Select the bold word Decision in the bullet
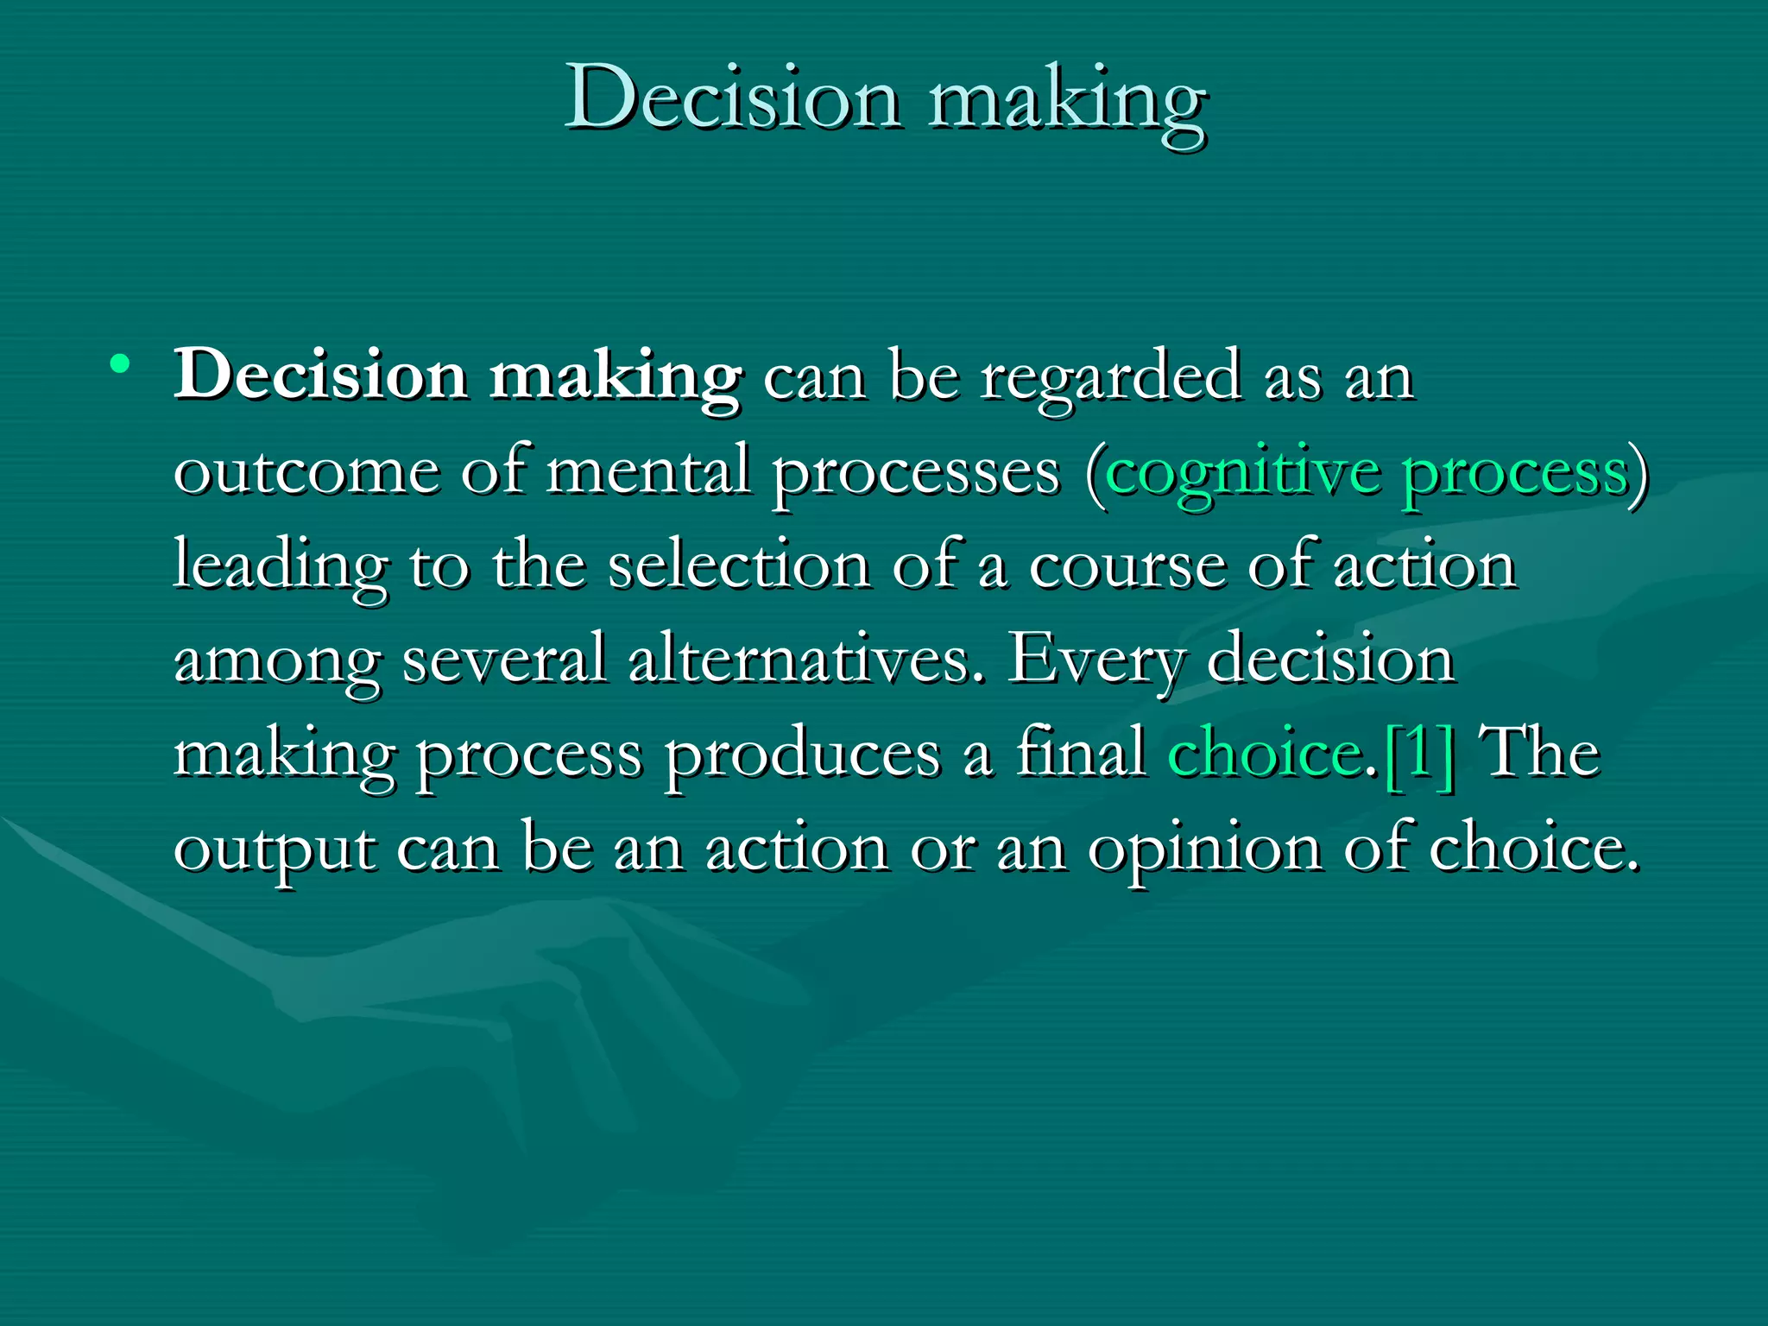tap(320, 376)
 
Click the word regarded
tap(1111, 378)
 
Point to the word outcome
tap(306, 471)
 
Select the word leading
tap(280, 566)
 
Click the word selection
tap(738, 565)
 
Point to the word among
tap(276, 661)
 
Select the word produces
tap(802, 755)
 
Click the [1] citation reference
tap(1418, 755)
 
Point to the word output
tap(275, 849)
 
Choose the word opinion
tap(1204, 849)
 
